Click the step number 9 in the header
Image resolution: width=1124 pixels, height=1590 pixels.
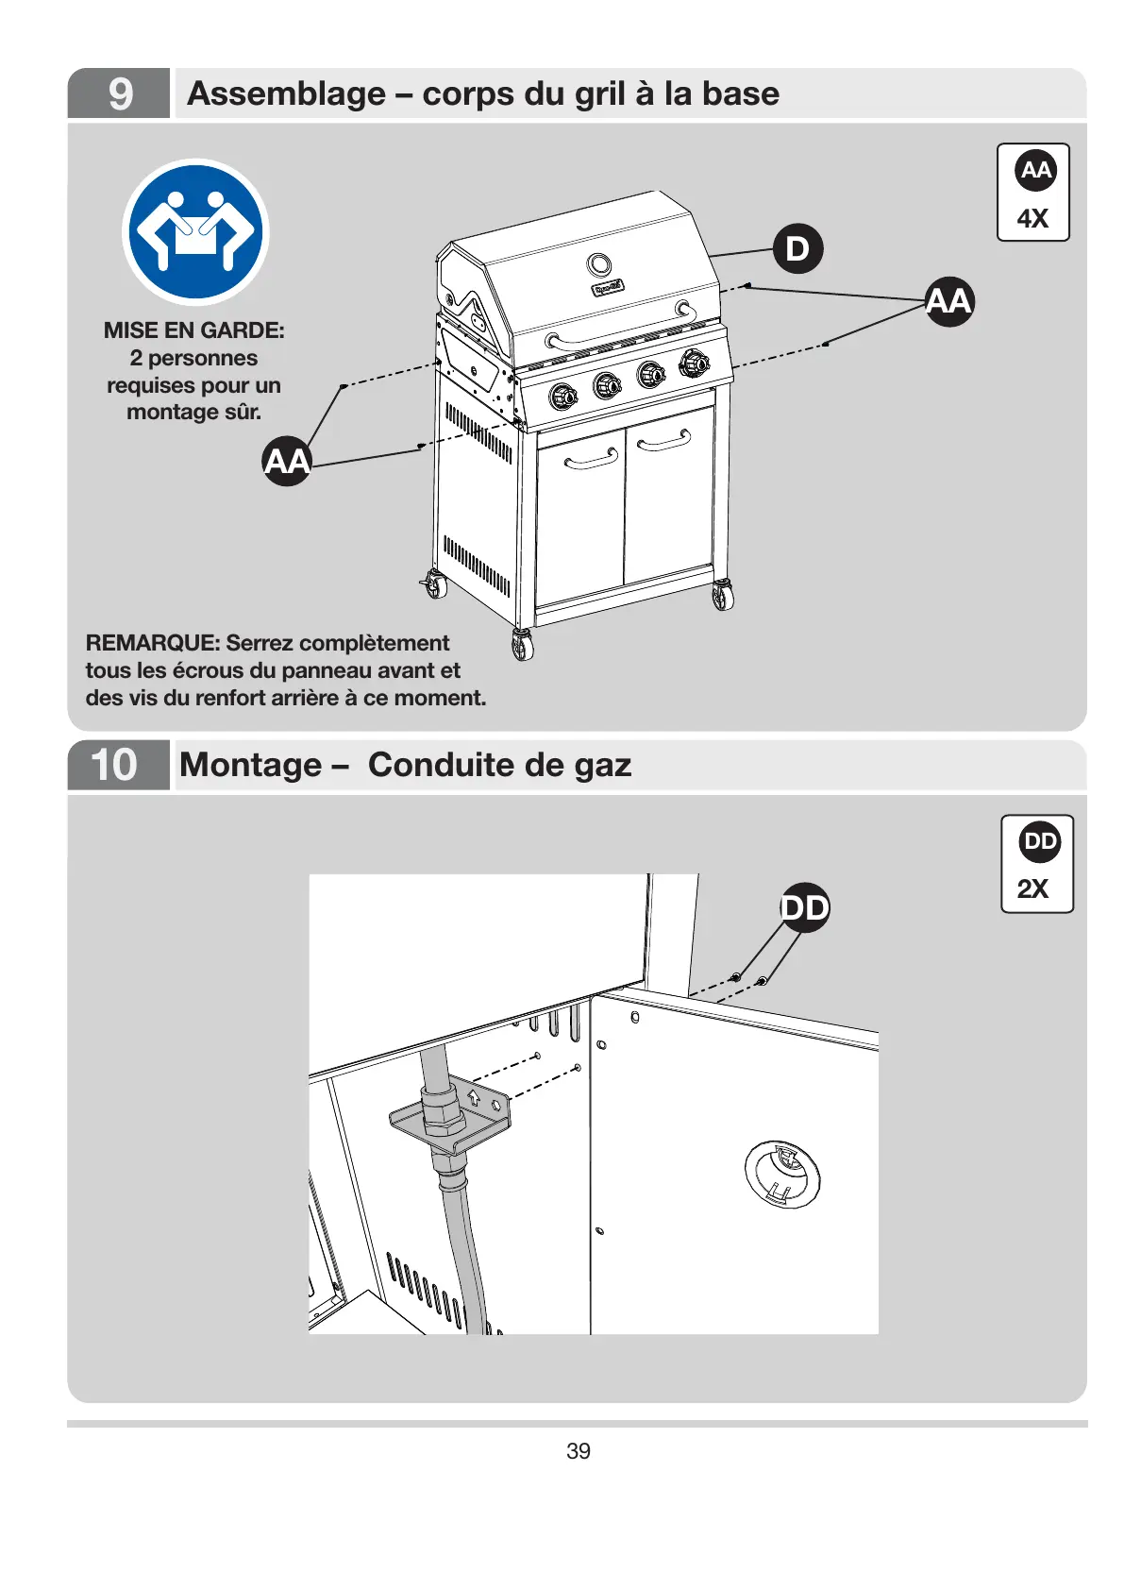[120, 93]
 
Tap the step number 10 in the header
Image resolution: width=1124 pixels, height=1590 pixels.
[114, 765]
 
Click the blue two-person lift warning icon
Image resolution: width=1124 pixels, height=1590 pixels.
[196, 232]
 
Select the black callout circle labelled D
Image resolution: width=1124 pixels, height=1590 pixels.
[797, 249]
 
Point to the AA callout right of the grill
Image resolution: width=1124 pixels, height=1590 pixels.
[948, 301]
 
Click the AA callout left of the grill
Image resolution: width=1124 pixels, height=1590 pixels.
[287, 461]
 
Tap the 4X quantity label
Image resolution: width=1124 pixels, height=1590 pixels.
[1032, 219]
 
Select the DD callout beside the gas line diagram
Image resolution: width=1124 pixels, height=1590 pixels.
[804, 908]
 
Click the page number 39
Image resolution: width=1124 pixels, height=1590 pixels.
[579, 1451]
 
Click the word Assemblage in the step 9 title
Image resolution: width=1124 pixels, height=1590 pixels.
[287, 93]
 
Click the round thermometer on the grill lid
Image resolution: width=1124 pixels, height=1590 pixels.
[599, 264]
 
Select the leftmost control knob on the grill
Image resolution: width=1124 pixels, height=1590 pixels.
[563, 397]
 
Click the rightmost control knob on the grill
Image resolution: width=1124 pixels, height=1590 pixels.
[694, 362]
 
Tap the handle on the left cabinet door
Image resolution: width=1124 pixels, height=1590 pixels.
[591, 460]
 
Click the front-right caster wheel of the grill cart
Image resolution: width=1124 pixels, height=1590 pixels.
[722, 596]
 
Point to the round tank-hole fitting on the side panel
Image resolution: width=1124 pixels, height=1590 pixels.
[782, 1174]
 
